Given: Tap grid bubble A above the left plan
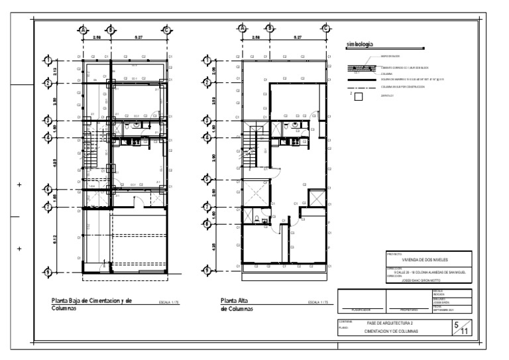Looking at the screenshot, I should (83, 29).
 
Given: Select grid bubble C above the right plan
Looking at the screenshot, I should (325, 28).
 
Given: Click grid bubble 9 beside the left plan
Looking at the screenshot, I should (48, 270).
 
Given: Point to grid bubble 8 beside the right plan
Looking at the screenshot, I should (207, 223).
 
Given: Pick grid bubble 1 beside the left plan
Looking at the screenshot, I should (48, 61).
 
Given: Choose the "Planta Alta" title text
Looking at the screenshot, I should (234, 300).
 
